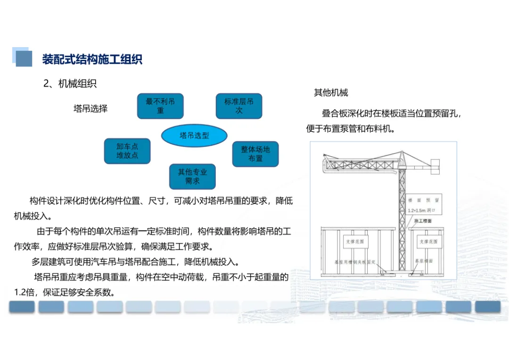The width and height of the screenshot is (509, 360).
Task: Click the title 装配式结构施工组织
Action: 92,59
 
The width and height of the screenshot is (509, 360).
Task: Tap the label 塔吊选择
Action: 90,109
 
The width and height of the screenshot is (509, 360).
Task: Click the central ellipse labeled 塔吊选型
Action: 194,136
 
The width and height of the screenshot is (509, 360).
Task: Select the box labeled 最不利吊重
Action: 160,106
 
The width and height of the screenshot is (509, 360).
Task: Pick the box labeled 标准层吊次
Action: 239,106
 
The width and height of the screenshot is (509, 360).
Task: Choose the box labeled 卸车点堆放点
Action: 127,151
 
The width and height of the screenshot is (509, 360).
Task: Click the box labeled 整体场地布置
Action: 255,154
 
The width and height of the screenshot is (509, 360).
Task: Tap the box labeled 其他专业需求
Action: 192,176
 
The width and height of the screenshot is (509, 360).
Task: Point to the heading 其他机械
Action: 331,93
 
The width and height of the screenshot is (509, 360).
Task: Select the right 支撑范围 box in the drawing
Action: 427,242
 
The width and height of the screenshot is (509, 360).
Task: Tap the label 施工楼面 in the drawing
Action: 423,221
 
